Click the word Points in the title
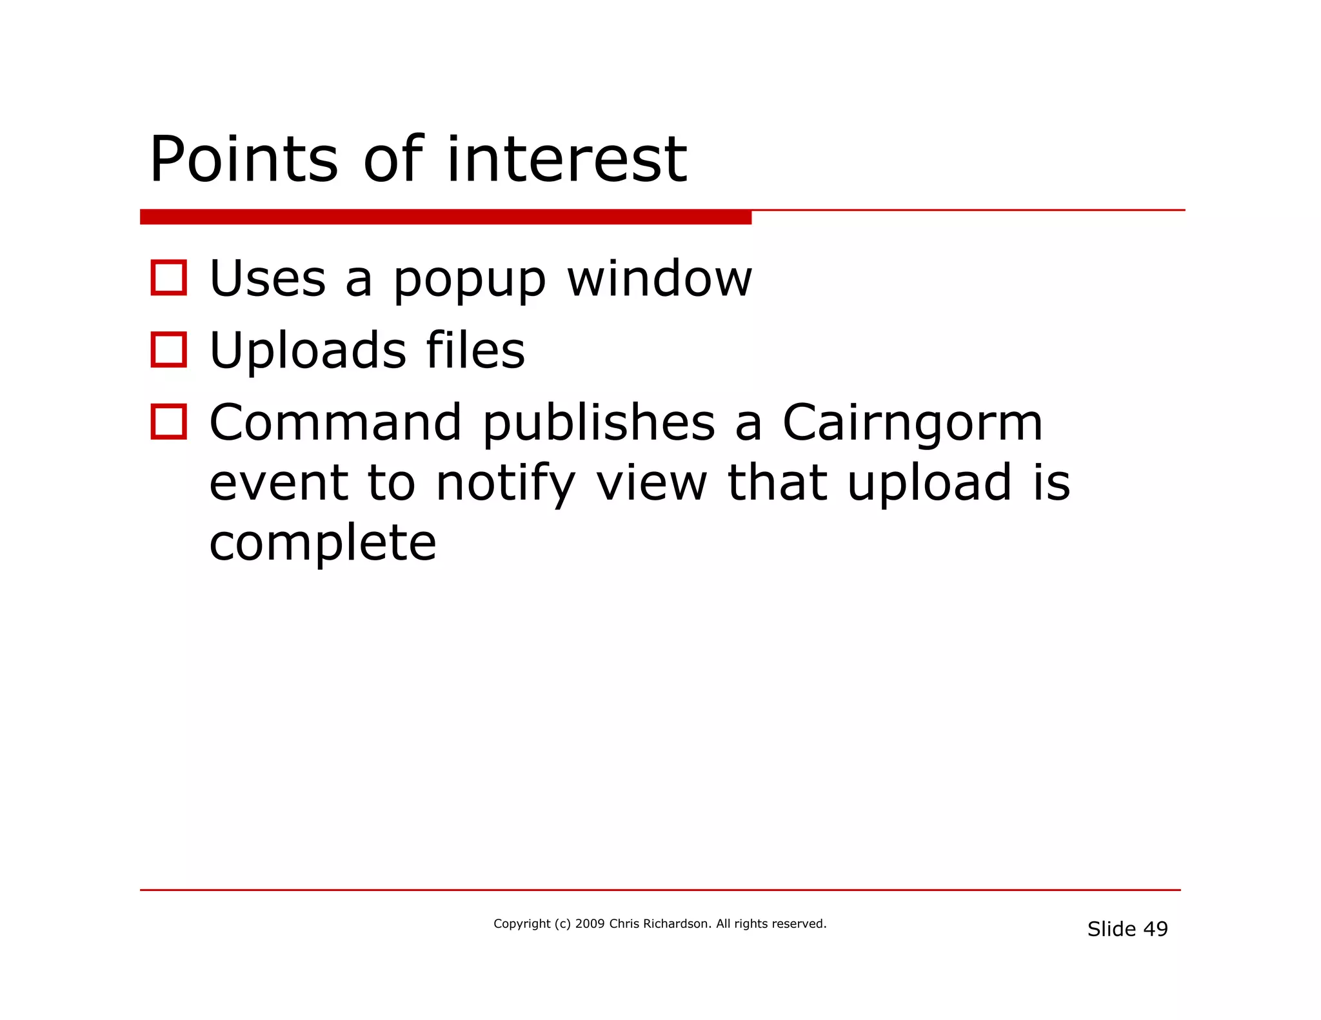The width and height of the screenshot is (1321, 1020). click(x=243, y=159)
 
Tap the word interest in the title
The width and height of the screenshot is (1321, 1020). click(x=566, y=159)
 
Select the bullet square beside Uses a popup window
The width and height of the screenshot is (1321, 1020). click(x=168, y=278)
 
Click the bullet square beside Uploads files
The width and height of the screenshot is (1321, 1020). click(x=168, y=350)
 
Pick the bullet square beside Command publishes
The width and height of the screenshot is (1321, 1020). click(x=168, y=422)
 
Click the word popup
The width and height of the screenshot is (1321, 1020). click(x=470, y=281)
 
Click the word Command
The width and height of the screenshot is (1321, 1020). click(x=335, y=423)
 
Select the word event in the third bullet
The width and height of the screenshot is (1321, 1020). click(x=279, y=483)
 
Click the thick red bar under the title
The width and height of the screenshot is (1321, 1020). click(x=445, y=217)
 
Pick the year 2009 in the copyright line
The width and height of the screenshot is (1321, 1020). click(x=590, y=924)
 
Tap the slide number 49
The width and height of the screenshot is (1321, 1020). click(x=1155, y=929)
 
